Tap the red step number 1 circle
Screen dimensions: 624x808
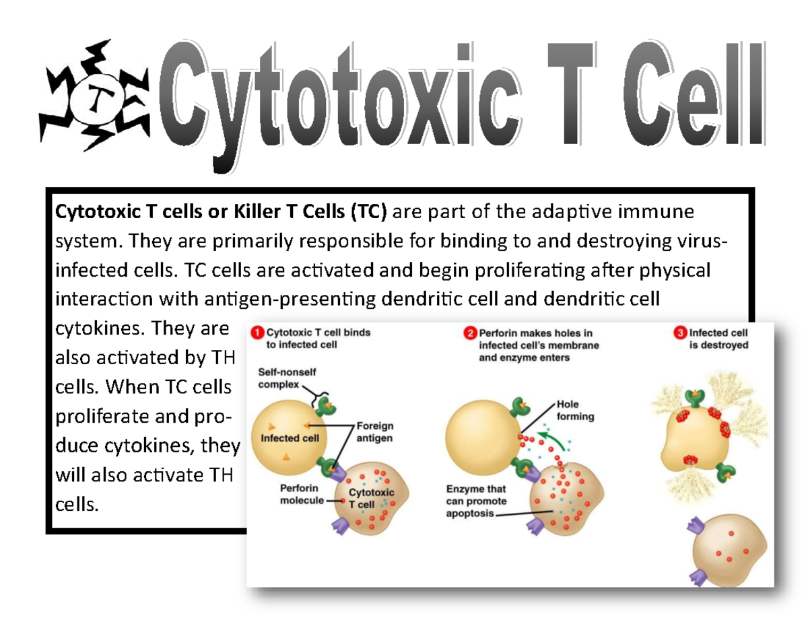[256, 333]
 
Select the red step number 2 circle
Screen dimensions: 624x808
[469, 333]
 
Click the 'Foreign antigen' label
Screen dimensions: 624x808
[374, 431]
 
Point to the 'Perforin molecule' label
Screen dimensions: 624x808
[300, 494]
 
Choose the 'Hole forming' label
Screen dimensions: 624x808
[575, 410]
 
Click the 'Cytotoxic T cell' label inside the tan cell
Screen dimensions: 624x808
[371, 498]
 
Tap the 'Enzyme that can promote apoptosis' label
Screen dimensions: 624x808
[476, 501]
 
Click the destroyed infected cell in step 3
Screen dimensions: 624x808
[694, 438]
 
